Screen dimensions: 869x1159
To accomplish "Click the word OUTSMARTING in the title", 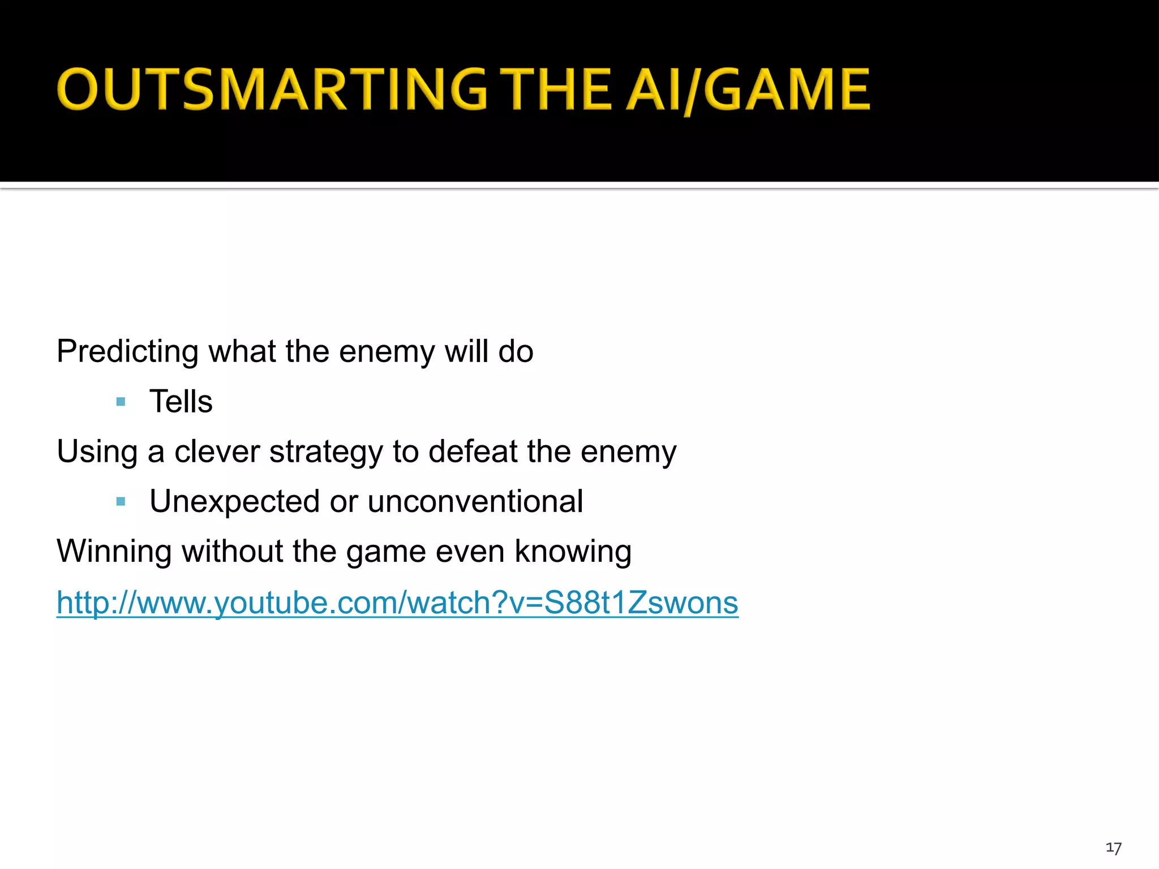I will click(x=272, y=89).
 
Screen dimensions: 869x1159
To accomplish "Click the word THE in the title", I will click(x=557, y=89).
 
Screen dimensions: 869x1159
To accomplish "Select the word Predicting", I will click(x=127, y=352).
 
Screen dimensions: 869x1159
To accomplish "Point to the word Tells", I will click(x=181, y=402).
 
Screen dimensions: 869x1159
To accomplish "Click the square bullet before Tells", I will click(x=121, y=402).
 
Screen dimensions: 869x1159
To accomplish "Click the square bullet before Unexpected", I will click(x=121, y=501).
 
